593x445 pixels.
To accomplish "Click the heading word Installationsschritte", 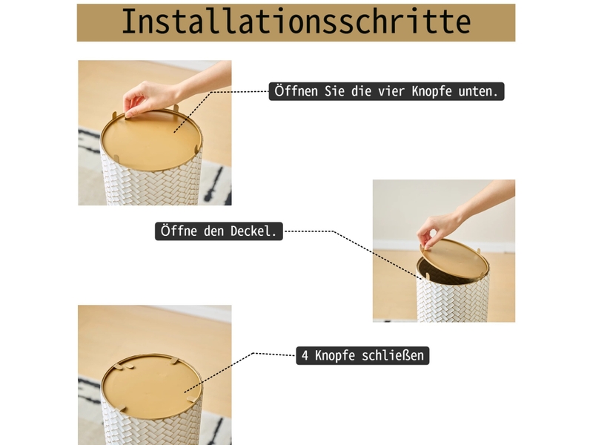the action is click(296, 22).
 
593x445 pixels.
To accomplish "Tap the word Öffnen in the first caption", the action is click(296, 91).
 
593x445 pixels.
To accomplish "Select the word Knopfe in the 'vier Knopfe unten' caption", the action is click(431, 91).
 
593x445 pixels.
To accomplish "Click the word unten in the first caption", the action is click(478, 91).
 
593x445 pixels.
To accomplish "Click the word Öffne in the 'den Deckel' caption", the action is click(179, 231).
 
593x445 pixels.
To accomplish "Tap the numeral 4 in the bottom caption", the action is click(305, 356).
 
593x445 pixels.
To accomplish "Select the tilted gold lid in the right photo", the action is click(454, 259).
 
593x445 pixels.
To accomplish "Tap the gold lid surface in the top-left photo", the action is click(151, 139).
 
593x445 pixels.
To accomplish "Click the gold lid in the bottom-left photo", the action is click(151, 386).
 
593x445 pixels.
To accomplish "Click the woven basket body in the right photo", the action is click(453, 301).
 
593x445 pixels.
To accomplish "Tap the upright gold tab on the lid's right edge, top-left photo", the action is click(196, 149).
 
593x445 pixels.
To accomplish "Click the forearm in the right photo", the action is click(488, 197).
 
